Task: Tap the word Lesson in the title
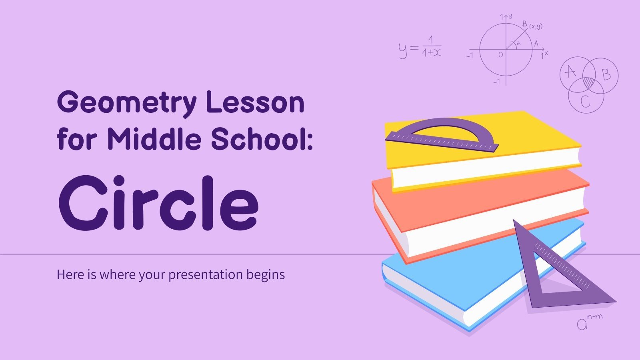255,102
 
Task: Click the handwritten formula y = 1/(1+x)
420,48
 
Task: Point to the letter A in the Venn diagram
570,72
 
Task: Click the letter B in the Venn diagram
606,74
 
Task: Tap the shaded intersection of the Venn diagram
588,83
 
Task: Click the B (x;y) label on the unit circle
532,25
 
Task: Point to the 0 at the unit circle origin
500,55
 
